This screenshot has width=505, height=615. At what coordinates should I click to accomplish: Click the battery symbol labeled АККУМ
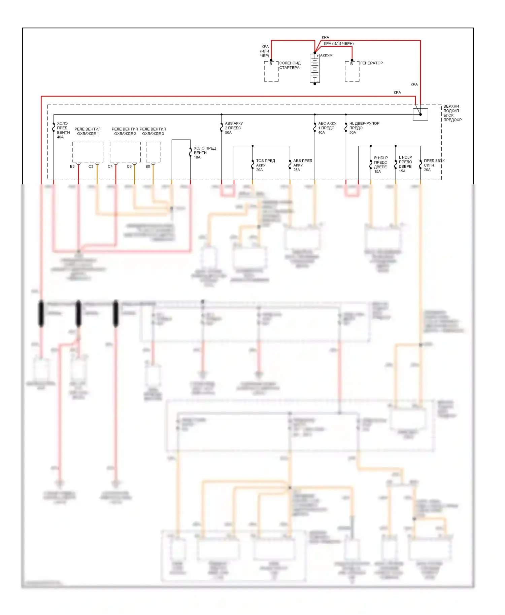pos(315,68)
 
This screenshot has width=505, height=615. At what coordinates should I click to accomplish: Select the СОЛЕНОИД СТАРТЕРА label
pos(290,65)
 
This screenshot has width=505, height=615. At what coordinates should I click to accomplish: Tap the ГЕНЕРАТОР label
pos(371,63)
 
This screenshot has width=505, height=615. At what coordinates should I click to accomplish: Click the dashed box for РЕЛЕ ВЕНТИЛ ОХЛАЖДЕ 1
pos(88,152)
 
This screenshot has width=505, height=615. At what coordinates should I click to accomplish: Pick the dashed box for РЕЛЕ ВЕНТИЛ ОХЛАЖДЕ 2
pos(125,152)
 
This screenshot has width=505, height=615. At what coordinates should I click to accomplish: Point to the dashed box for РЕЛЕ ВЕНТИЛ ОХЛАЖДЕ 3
pos(153,152)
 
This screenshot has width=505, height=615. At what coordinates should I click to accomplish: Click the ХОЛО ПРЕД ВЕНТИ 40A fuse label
pos(63,130)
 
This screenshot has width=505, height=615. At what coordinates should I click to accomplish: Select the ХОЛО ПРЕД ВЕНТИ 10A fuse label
pos(204,153)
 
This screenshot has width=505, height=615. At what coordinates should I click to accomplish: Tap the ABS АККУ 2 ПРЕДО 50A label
pos(234,128)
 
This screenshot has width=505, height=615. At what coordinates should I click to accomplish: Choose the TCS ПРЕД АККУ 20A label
pos(265,165)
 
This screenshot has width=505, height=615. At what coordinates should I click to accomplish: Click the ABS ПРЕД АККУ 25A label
pos(302,165)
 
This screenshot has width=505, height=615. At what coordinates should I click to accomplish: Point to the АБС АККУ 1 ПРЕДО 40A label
pos(327,128)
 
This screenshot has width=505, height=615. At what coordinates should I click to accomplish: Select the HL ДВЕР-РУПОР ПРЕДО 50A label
pos(364,128)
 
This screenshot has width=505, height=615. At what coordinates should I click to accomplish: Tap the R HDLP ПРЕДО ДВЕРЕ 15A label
pos(381,165)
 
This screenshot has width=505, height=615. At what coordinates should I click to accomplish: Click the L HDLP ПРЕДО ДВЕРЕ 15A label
pos(405,164)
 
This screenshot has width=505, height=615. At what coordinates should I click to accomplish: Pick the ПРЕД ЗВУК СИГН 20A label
pos(434,165)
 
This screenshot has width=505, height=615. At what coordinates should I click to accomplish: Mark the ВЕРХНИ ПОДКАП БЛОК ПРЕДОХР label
pos(452,113)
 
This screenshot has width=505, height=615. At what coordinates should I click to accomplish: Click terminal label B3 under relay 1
pos(72,167)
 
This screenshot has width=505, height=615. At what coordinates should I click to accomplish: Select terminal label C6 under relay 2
pos(129,167)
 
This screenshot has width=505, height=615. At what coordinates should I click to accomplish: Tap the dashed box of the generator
pos(352,72)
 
